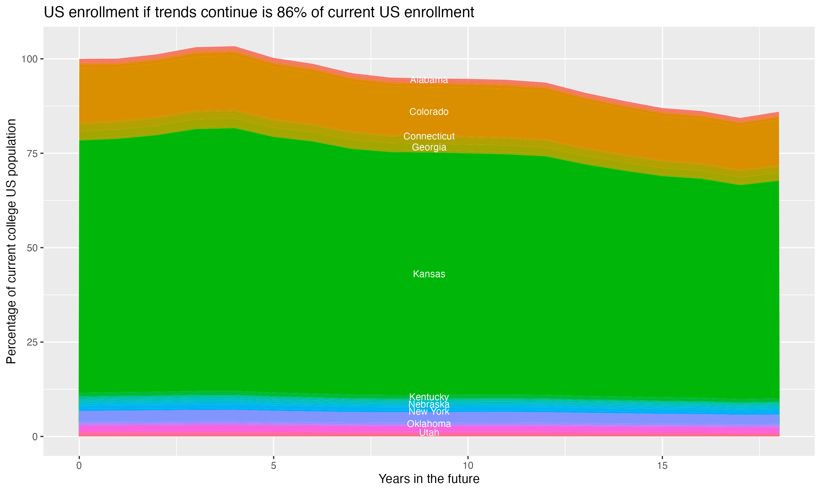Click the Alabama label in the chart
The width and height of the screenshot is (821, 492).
429,80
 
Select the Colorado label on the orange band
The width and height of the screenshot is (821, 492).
429,112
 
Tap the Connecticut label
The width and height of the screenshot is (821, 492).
429,136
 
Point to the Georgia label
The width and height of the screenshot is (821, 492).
429,147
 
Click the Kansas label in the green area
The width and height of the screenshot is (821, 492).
429,274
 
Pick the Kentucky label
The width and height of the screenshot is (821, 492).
429,397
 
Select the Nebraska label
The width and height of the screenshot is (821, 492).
429,404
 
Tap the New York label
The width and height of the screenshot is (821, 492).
429,411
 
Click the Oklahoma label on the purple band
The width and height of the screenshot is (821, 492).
429,424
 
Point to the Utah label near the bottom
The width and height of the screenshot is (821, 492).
429,433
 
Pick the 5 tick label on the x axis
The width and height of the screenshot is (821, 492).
273,466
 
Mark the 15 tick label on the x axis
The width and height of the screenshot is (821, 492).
662,466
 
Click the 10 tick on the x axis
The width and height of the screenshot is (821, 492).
468,466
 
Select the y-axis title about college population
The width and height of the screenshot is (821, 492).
11,241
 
